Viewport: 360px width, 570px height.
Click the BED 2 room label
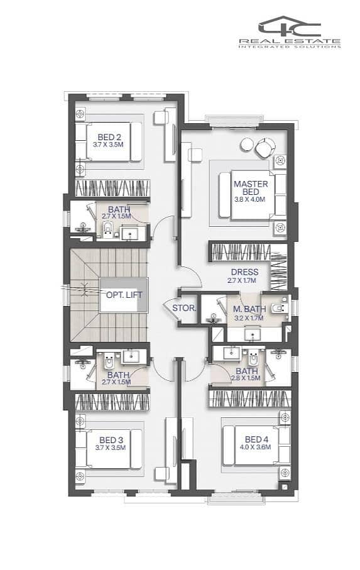point(109,138)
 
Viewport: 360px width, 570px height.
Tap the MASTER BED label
point(251,187)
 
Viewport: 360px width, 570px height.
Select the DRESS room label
point(245,272)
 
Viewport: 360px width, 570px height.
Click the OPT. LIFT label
point(124,295)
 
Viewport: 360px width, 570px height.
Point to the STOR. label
point(184,309)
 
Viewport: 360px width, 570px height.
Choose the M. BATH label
point(249,309)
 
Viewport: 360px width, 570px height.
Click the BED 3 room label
point(111,440)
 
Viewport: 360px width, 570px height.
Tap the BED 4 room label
point(256,439)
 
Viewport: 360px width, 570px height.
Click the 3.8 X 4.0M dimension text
point(250,199)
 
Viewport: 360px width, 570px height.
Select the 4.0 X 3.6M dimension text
point(255,447)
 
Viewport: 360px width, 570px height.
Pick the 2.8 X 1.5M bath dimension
point(246,378)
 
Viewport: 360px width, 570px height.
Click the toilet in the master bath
point(278,309)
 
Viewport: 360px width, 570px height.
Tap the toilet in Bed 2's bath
point(107,229)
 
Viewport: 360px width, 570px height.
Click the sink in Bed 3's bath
point(129,356)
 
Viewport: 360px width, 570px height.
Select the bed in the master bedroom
point(247,195)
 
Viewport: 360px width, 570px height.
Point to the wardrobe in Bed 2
point(112,189)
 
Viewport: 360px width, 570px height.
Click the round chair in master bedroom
point(265,148)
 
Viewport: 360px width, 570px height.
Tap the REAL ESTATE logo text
point(290,41)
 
